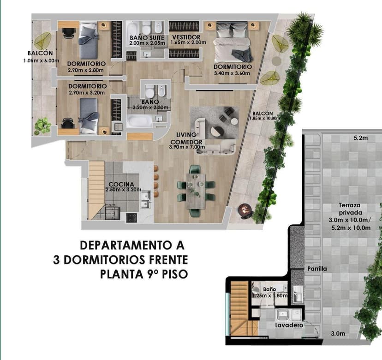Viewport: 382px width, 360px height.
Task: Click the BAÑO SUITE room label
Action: click(x=147, y=38)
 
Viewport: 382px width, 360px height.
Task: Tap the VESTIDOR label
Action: click(x=186, y=37)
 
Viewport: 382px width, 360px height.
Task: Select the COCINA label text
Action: click(x=121, y=184)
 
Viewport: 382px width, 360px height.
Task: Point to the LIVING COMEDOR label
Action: click(x=186, y=138)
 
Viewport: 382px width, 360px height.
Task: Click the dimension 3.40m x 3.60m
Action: click(x=232, y=73)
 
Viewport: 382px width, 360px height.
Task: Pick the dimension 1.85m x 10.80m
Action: click(x=264, y=119)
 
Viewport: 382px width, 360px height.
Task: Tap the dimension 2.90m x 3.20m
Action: click(x=87, y=93)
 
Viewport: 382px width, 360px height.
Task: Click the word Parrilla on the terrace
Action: click(x=317, y=269)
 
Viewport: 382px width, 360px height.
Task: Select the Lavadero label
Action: click(x=289, y=325)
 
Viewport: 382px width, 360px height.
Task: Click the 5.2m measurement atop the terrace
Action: click(x=361, y=138)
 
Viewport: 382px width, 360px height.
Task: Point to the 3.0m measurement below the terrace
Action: click(x=338, y=333)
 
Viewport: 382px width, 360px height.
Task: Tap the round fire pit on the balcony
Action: click(x=246, y=210)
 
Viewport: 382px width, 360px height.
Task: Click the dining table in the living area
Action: click(x=196, y=191)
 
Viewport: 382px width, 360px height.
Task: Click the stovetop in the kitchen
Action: click(x=131, y=218)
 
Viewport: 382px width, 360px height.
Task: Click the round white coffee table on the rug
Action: click(x=234, y=121)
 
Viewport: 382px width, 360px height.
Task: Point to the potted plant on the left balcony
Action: click(x=42, y=126)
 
